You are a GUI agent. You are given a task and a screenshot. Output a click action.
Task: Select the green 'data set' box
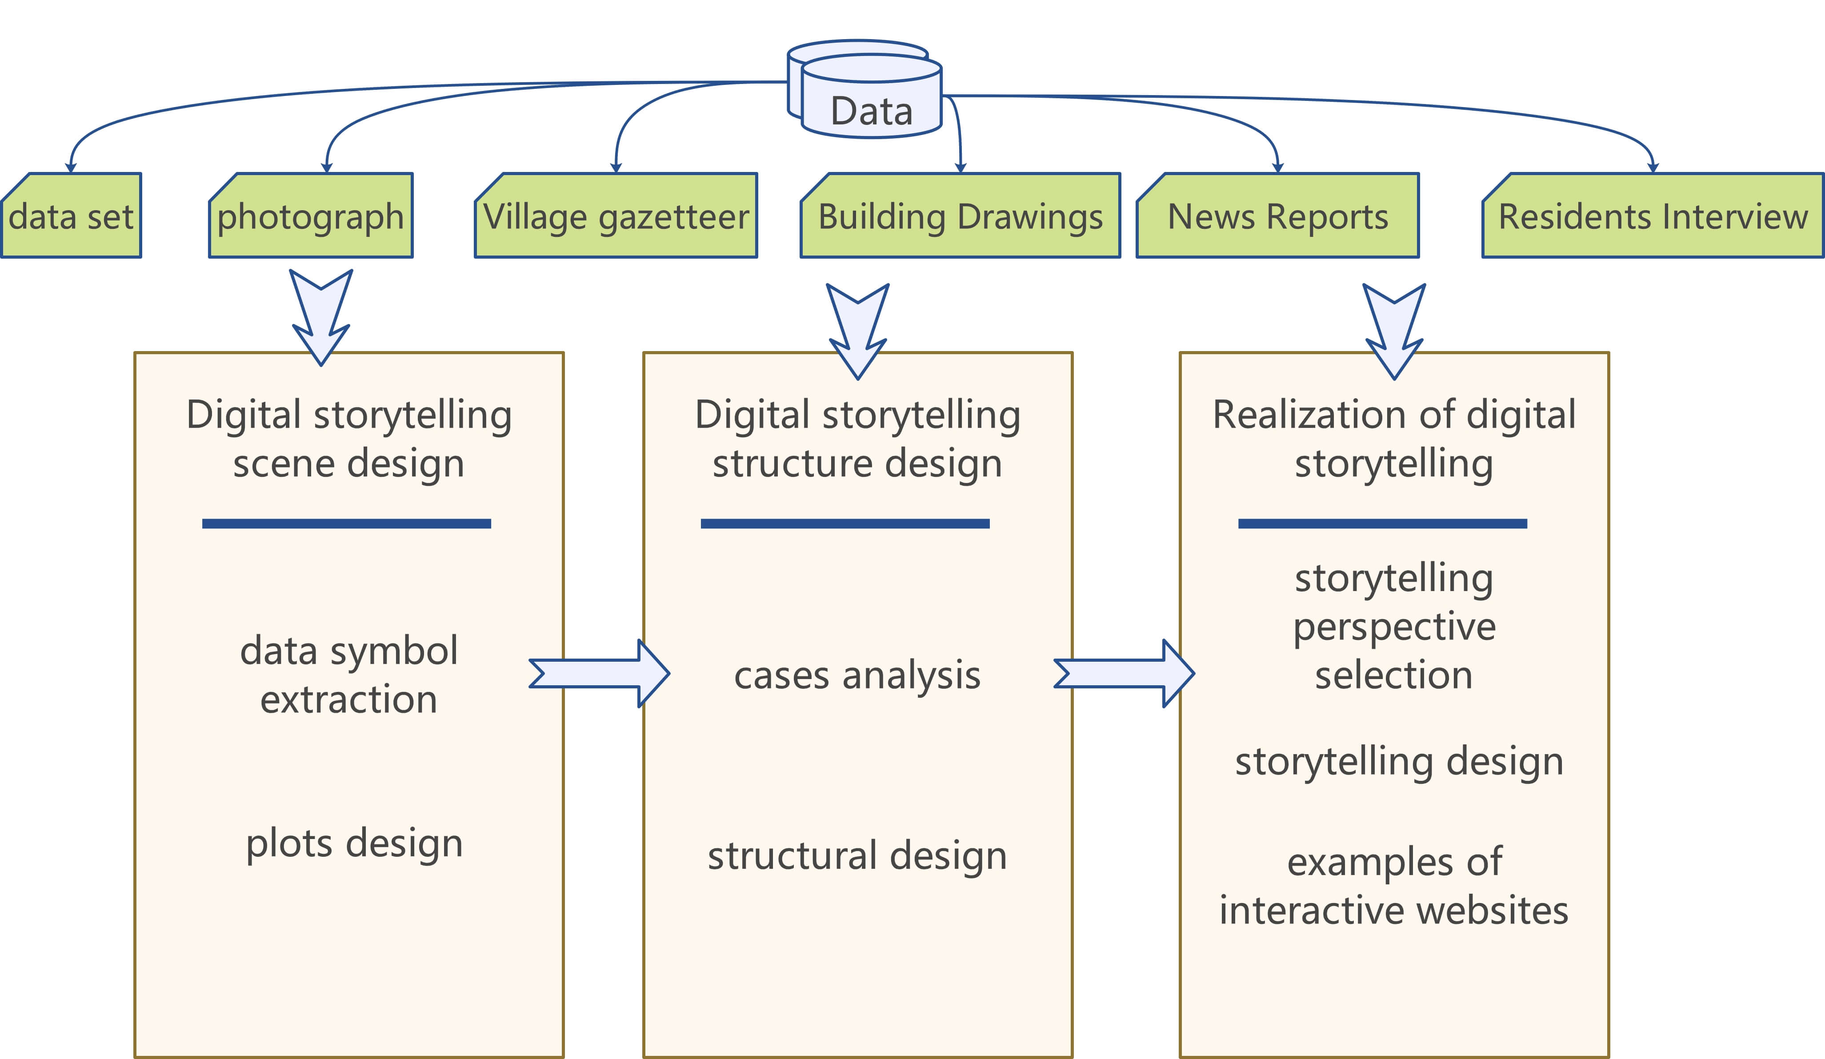coord(71,216)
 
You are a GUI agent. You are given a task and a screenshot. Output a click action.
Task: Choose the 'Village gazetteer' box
coord(616,216)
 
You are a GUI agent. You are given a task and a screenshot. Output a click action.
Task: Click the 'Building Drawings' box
coord(961,216)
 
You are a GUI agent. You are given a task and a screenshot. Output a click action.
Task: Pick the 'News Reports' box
coord(1277,216)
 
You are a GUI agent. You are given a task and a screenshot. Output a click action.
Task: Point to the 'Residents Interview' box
coord(1653,216)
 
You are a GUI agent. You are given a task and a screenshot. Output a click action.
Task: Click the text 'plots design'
coord(354,843)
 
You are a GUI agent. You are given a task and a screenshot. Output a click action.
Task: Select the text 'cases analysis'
coord(857,675)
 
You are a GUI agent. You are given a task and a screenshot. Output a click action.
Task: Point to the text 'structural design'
coord(857,855)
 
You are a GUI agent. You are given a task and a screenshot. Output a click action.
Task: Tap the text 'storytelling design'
coord(1399,762)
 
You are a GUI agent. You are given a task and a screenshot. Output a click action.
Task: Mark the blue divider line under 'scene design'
coord(346,524)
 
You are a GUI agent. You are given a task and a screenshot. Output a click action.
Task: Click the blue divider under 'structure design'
coord(845,524)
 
